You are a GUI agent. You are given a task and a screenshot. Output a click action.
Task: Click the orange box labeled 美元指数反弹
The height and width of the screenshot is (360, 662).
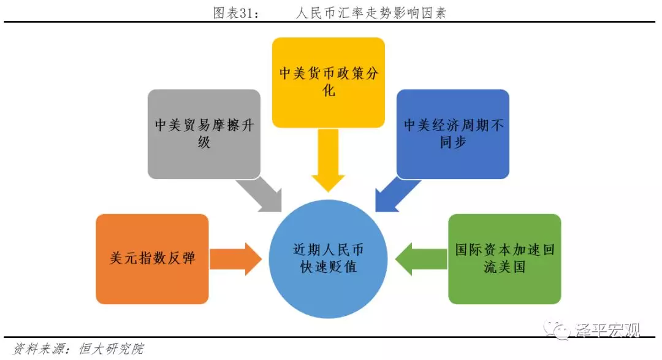153,259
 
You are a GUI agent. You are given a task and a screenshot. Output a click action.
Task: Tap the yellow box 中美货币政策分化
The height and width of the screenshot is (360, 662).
329,82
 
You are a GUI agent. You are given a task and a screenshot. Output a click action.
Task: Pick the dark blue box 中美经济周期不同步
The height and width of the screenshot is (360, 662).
453,134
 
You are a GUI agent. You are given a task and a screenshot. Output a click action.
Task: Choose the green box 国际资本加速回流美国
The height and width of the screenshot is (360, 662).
504,259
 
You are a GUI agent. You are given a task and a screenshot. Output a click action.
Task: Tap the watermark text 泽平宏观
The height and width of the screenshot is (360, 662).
607,331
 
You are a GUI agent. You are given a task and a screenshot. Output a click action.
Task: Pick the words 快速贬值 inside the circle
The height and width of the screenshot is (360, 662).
329,267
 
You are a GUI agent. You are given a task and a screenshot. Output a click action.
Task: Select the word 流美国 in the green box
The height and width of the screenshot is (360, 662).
504,267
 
